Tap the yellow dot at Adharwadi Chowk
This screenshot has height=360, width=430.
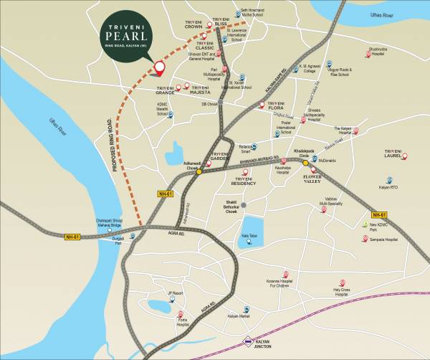tap(199, 171)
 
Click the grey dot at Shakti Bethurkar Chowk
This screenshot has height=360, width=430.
tap(244, 205)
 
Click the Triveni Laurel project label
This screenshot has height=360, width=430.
tap(393, 154)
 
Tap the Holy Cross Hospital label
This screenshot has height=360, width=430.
tap(341, 291)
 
